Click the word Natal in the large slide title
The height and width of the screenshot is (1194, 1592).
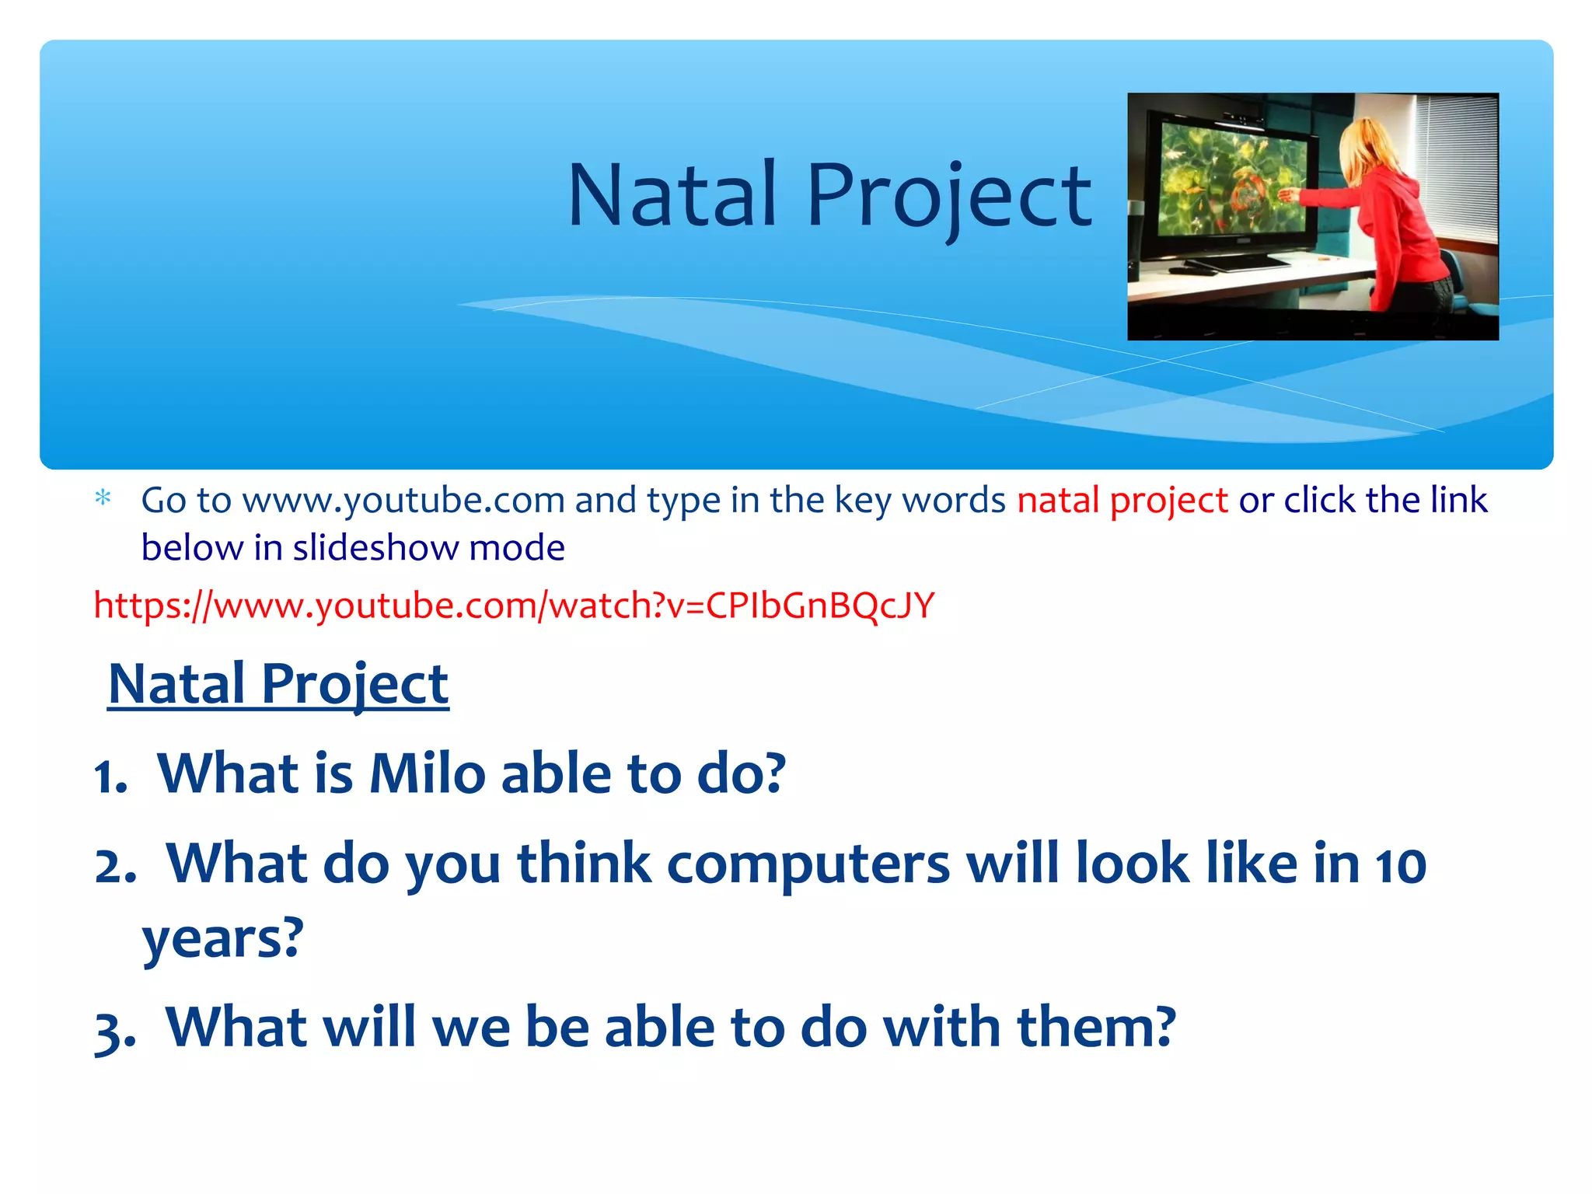(x=672, y=196)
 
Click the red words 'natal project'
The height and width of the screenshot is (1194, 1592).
(x=1122, y=500)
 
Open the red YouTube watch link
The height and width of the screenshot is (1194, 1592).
(x=513, y=605)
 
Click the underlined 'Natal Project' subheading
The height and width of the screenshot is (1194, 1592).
(x=278, y=684)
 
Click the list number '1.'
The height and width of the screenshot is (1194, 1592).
(x=111, y=776)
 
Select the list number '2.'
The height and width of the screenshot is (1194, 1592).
(x=115, y=866)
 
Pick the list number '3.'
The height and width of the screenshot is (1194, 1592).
(x=115, y=1031)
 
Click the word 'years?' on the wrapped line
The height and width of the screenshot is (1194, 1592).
(x=222, y=938)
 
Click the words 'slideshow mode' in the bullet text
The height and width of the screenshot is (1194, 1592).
(x=428, y=548)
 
